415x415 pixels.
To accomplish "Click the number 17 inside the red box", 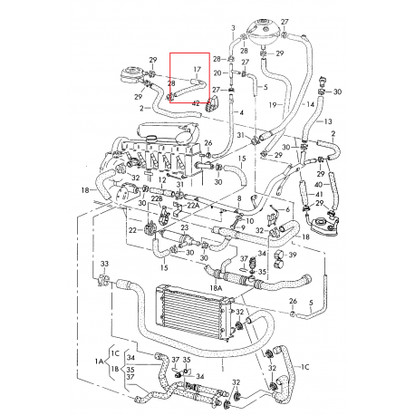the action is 197,68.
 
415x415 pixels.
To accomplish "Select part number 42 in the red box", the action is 196,103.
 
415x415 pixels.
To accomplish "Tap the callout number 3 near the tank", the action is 233,29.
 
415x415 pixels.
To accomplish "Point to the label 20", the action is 217,72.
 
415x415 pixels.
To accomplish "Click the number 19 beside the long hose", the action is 272,105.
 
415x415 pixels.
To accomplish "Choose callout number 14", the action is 311,105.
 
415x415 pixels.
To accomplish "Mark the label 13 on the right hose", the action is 328,121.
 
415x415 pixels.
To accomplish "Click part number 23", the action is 184,228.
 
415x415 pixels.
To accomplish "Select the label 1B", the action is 115,370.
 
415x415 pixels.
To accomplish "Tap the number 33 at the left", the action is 104,265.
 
